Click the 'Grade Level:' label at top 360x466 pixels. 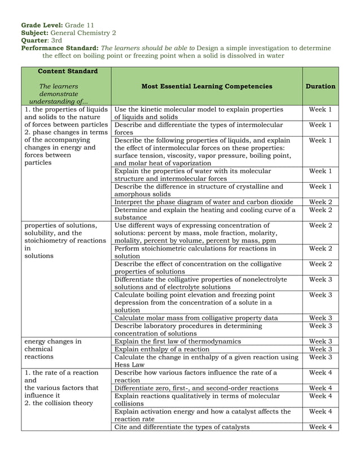pyautogui.click(x=42, y=25)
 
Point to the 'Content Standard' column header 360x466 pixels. pyautogui.click(x=67, y=71)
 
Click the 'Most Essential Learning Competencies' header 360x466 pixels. pyautogui.click(x=207, y=86)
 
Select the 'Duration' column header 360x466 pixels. pyautogui.click(x=320, y=86)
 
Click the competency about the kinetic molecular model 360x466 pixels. pyautogui.click(x=198, y=113)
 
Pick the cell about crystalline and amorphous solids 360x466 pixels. pyautogui.click(x=199, y=190)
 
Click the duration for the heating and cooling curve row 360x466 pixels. pyautogui.click(x=321, y=210)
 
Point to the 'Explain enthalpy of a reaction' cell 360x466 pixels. pyautogui.click(x=161, y=349)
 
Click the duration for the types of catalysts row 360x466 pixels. pyautogui.click(x=321, y=427)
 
